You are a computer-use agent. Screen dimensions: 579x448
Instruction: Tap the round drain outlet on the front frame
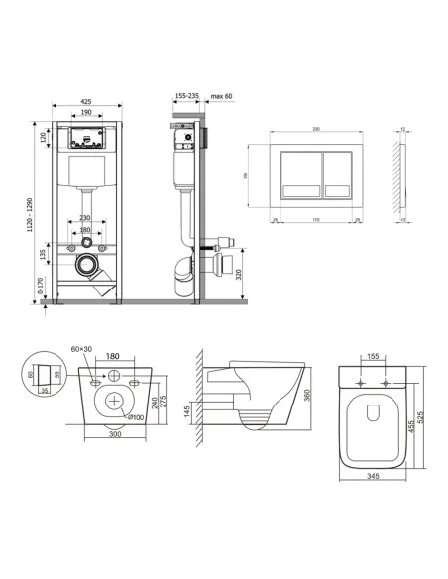(88, 266)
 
